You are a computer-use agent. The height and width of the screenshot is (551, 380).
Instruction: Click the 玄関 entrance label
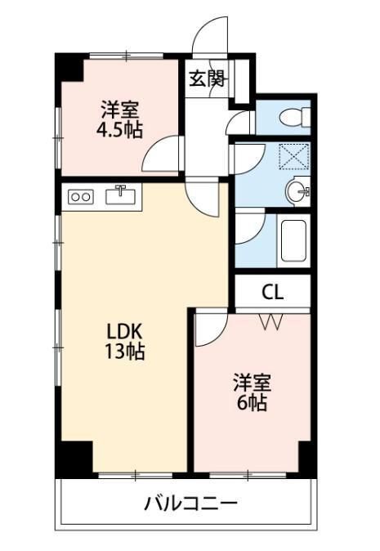[x=208, y=78]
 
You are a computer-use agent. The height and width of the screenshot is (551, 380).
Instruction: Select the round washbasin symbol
[x=297, y=192]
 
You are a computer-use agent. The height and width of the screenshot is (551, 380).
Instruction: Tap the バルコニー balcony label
[x=190, y=501]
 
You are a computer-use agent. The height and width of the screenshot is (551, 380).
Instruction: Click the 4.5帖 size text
[x=119, y=128]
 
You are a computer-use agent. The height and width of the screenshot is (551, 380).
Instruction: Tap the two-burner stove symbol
[x=82, y=196]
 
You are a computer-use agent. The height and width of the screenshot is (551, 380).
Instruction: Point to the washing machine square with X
[x=292, y=156]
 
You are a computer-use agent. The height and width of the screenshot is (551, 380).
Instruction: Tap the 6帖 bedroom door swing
[x=208, y=327]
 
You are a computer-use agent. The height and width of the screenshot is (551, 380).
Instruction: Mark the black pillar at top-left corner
[x=70, y=67]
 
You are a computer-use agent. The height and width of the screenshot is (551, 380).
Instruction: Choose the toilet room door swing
[x=239, y=123]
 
